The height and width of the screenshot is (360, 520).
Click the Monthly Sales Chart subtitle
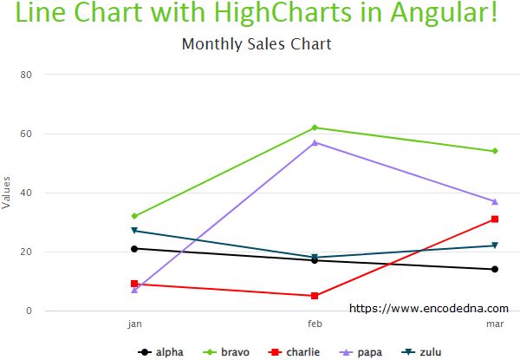click(257, 44)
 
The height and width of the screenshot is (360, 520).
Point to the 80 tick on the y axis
click(26, 75)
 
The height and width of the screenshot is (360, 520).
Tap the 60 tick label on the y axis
click(26, 134)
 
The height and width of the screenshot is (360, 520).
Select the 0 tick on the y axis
click(29, 311)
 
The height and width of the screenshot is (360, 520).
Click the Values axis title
click(7, 193)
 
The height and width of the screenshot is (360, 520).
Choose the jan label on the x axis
click(134, 324)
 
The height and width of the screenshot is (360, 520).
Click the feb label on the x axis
click(315, 324)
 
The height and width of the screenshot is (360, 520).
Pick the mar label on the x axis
click(495, 324)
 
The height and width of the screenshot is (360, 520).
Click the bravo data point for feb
click(315, 128)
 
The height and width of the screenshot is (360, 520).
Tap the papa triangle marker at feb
click(315, 142)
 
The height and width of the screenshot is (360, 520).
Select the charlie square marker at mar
click(495, 219)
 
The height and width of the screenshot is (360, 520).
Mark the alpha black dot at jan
click(134, 249)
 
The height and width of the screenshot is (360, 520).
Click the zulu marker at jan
click(134, 231)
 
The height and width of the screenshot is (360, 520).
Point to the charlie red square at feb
click(315, 296)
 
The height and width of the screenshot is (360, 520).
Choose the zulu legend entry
click(423, 352)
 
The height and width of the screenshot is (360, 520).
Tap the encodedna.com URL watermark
click(429, 307)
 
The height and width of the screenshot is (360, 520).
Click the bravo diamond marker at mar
click(495, 151)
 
